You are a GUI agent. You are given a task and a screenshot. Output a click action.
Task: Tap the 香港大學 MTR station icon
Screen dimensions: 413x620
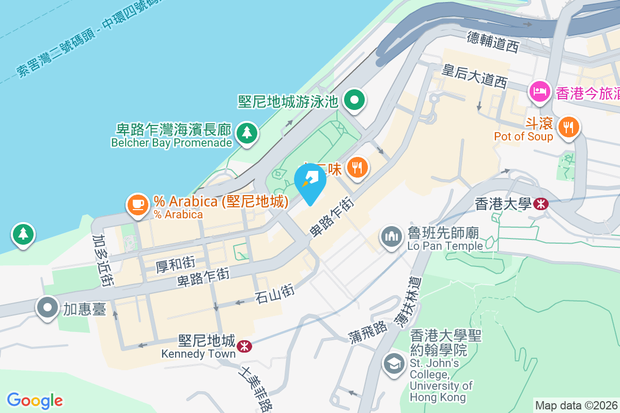pos(540,204)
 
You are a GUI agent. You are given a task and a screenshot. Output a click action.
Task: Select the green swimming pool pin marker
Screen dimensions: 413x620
pos(354,99)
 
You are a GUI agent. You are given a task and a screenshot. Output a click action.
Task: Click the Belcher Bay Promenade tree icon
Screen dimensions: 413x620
pos(247,133)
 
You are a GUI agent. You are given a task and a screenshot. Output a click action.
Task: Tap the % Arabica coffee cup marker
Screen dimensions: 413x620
pos(137,204)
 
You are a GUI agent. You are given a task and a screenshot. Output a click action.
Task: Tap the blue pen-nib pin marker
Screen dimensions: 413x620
pos(310,181)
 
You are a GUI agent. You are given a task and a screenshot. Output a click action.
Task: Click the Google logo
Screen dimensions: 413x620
pos(35,400)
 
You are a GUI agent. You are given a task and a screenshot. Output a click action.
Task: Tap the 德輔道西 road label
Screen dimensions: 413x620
pos(492,41)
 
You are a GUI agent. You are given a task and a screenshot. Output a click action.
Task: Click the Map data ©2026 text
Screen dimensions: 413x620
pos(576,405)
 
